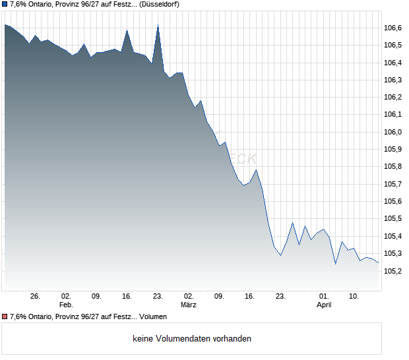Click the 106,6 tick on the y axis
point(393,28)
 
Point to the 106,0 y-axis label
point(393,132)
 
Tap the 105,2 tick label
point(393,271)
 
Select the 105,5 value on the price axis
point(393,219)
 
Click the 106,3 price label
point(393,80)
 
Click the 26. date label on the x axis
point(35,297)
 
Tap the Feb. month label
point(65,305)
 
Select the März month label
point(189,305)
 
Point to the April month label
point(324,305)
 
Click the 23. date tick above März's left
point(158,297)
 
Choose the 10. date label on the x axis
point(354,297)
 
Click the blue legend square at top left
point(5,5)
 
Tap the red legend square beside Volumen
point(5,316)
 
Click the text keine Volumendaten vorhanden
point(192,339)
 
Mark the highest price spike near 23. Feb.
point(158,26)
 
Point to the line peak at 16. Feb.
point(127,30)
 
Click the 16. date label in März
point(250,297)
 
